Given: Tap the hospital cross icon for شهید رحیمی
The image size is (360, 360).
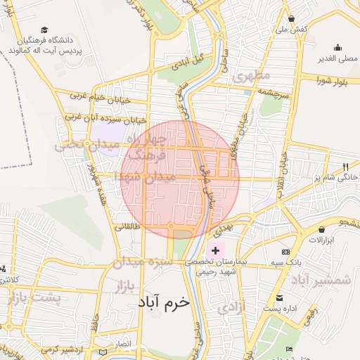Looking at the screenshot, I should tap(215, 250).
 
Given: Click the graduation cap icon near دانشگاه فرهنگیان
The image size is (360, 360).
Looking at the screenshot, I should tap(45, 30).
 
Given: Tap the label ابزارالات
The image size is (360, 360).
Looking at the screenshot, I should tap(323, 240).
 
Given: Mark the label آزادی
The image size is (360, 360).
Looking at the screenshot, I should tap(231, 307).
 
